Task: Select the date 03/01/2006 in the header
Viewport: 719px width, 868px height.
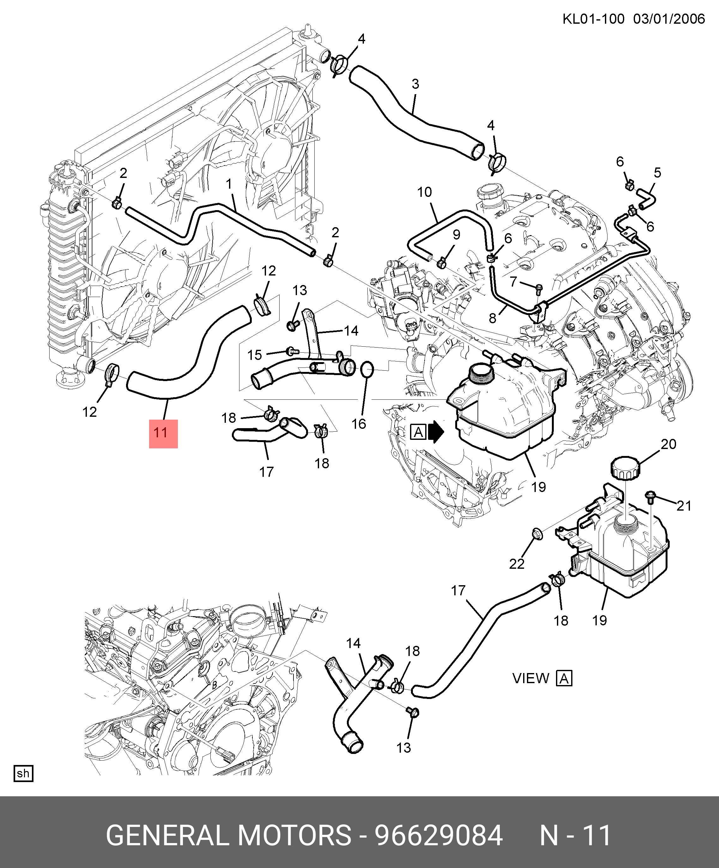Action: tap(669, 19)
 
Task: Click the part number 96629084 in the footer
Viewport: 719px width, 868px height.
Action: tap(438, 835)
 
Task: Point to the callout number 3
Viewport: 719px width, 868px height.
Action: tap(415, 84)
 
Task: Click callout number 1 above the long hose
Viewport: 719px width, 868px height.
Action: tap(229, 184)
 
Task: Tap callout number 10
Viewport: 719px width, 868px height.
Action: tap(424, 192)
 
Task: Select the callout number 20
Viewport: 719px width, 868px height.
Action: tap(668, 444)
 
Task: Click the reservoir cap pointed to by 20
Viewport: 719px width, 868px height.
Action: tap(625, 468)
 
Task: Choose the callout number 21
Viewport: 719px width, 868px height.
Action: tap(684, 506)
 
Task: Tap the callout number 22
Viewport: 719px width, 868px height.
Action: tap(517, 564)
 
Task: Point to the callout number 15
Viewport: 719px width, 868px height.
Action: tap(255, 355)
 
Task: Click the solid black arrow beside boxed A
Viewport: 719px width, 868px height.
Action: tap(436, 432)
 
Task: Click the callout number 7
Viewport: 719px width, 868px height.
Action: tap(513, 282)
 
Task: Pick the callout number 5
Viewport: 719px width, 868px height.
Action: tap(657, 173)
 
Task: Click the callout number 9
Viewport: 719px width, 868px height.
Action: tap(456, 235)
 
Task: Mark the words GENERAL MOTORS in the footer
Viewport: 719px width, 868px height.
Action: tap(228, 835)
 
